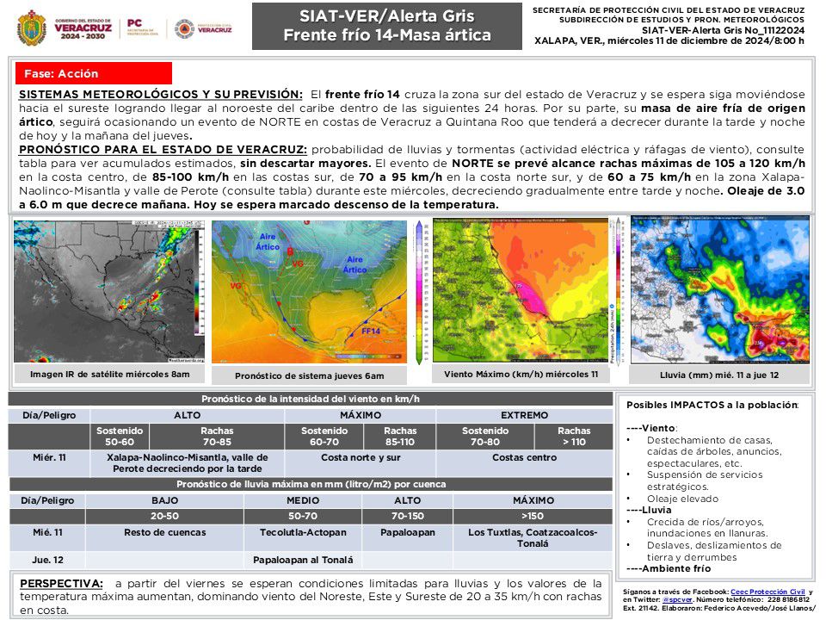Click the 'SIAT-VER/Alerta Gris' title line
[386, 15]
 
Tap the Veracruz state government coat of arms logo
[32, 28]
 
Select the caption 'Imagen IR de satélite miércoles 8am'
[109, 375]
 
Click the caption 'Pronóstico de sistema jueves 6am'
[309, 376]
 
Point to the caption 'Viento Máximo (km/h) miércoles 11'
[521, 375]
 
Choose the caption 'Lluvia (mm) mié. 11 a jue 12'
[719, 375]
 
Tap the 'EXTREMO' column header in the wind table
[524, 415]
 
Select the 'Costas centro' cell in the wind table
[524, 457]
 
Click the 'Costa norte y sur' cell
[361, 457]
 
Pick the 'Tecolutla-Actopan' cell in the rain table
[302, 532]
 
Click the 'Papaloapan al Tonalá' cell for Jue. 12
[303, 560]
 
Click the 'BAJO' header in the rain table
[163, 499]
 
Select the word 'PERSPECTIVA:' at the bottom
[60, 584]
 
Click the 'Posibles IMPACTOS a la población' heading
[712, 405]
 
